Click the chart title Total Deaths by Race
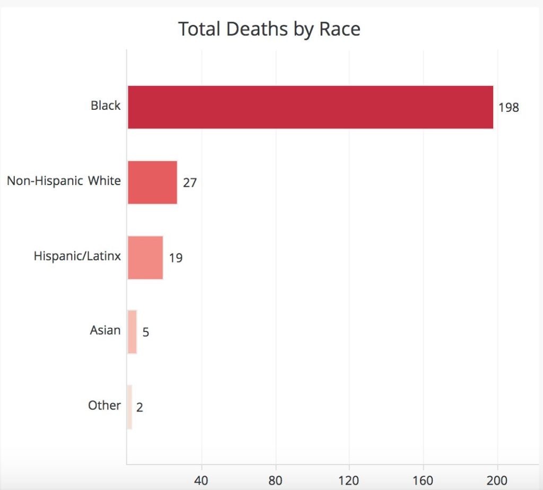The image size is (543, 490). coord(269,29)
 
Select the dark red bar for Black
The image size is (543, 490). coord(310,107)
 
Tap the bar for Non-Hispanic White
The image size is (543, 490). coord(152,182)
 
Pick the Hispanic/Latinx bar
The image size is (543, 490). coord(145,258)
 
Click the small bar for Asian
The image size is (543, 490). coord(132,332)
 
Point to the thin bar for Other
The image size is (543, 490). coord(129,407)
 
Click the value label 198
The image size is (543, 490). coord(509,107)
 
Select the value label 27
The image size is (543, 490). coord(190,182)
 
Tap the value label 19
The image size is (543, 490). coord(176,258)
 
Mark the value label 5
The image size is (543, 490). coord(146,332)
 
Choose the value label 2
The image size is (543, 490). coord(139,407)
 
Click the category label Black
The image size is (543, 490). coord(106,106)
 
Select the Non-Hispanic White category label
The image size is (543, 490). coord(64,180)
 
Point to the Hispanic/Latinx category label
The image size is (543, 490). coord(77,256)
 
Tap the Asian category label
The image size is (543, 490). coord(105,330)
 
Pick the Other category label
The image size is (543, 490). coord(104,405)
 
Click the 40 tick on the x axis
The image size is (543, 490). coord(201,480)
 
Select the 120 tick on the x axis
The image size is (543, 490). coord(348,480)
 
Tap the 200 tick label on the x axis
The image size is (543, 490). coord(497,480)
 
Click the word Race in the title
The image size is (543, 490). coord(340,29)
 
